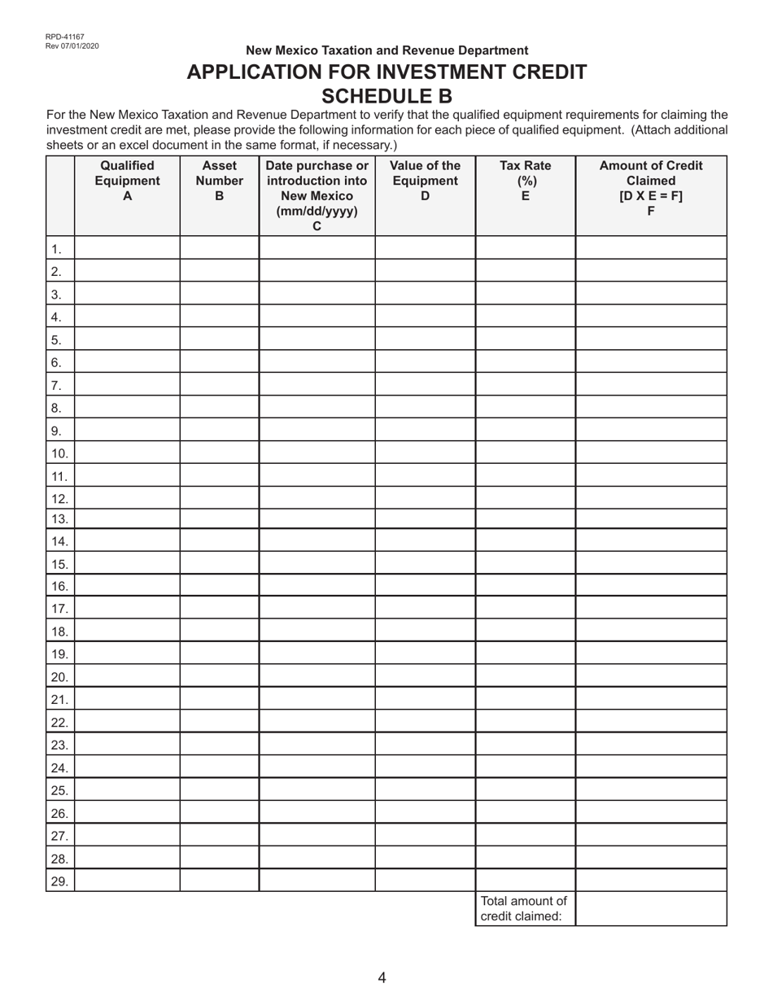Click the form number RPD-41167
tap(65, 37)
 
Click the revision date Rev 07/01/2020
tap(72, 46)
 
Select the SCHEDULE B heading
tap(386, 97)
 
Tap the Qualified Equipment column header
tap(127, 181)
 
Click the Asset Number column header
tap(219, 181)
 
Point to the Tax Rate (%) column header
tap(525, 181)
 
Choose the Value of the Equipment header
tap(425, 181)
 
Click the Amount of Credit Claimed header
tap(650, 188)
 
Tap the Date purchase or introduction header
tap(317, 195)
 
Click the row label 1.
tap(56, 249)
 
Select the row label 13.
tap(59, 519)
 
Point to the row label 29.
tap(59, 881)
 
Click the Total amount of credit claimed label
tap(524, 909)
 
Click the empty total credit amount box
tap(650, 909)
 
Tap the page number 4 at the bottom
tap(382, 977)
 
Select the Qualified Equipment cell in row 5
tap(127, 339)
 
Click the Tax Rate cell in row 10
tap(525, 453)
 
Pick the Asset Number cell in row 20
tap(219, 676)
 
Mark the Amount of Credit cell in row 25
tap(650, 790)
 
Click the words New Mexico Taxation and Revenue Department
tap(386, 50)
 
